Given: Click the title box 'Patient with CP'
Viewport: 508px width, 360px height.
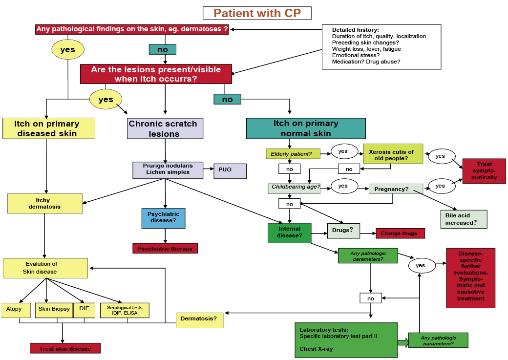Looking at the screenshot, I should click(x=257, y=13).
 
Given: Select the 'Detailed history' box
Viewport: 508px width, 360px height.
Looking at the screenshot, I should click(x=381, y=47).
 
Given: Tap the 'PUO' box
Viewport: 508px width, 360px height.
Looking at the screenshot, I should click(x=230, y=171).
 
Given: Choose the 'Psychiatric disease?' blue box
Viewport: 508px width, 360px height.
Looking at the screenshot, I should click(x=164, y=218).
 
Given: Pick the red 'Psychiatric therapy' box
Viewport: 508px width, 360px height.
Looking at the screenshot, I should click(x=165, y=248).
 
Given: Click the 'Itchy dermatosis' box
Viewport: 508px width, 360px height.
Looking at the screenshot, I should click(x=44, y=203).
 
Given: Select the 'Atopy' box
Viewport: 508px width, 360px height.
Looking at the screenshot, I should click(x=14, y=309).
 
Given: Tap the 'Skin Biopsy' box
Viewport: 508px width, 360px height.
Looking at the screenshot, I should click(x=54, y=309).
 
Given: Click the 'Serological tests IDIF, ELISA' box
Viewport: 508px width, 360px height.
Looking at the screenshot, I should click(x=125, y=310).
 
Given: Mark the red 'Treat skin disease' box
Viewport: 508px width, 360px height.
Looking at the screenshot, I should click(x=65, y=348).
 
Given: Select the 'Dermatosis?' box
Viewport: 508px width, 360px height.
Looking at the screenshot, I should click(x=199, y=319).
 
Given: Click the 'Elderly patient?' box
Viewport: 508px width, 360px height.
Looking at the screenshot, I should click(x=292, y=154).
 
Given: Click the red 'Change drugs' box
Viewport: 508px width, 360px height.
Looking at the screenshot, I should click(x=400, y=233).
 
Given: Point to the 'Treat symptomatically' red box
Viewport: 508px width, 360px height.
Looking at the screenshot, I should click(x=484, y=171).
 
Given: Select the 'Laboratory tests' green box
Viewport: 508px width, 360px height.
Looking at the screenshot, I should click(x=346, y=339).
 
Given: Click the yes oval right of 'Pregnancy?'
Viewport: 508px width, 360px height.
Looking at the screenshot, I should click(x=440, y=186).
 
